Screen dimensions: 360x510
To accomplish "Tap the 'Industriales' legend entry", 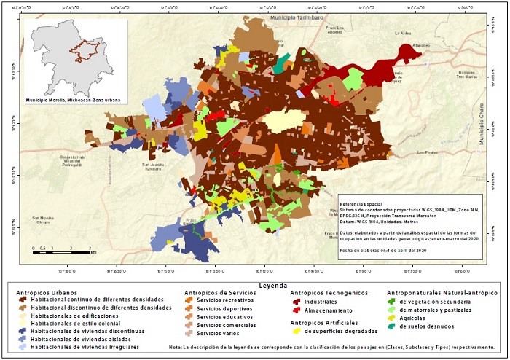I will tap(323, 300).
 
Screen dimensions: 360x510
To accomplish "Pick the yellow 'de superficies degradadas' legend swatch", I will tap(296, 332).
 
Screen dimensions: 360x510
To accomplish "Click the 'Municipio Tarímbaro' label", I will tap(296, 16).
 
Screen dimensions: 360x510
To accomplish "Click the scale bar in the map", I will tap(61, 249).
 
